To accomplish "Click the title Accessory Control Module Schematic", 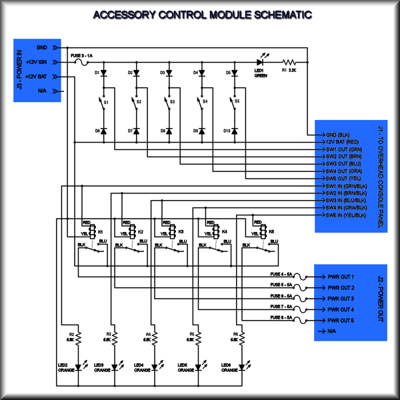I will [x=200, y=15].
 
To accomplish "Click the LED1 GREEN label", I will [x=261, y=73].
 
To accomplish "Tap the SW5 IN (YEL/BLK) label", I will [x=347, y=215].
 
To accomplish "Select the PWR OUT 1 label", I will [x=340, y=277].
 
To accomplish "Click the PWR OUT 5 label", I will [x=340, y=321].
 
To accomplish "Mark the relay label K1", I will [x=101, y=231].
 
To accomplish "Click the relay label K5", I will [x=272, y=231].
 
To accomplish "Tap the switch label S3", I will [x=172, y=102].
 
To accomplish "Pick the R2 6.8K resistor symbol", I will [x=79, y=339].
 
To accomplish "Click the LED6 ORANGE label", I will [x=231, y=368].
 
